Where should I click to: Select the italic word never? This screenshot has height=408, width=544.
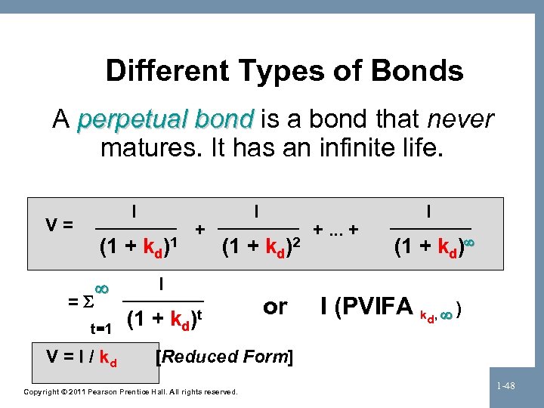point(460,119)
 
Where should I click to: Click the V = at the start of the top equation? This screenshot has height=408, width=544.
point(60,224)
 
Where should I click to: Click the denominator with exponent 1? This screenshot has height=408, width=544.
point(138,247)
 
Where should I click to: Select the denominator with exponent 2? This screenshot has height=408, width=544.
point(262,247)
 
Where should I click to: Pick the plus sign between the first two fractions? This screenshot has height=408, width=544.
point(199,227)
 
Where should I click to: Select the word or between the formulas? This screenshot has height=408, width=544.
point(275,306)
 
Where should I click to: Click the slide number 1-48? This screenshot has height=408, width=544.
point(508,386)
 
